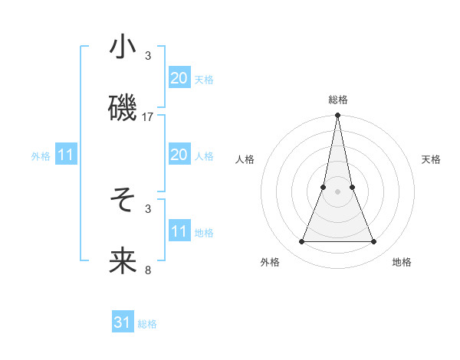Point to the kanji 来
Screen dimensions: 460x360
(x=123, y=261)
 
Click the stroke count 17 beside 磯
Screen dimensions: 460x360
(x=148, y=117)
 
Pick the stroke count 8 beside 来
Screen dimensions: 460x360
(x=148, y=270)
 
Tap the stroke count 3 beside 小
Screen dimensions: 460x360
(x=148, y=56)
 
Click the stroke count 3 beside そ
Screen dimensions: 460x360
(x=148, y=208)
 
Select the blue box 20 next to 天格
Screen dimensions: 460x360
(x=179, y=78)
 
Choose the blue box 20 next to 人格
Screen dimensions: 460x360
(x=179, y=155)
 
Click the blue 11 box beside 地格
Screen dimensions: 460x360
(x=179, y=231)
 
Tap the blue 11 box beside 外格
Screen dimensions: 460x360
(x=66, y=155)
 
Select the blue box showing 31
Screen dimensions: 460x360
(x=123, y=322)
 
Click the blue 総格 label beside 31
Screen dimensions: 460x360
(x=147, y=324)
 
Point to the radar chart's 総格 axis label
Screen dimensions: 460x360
(x=338, y=100)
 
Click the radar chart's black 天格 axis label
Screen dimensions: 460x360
(x=431, y=159)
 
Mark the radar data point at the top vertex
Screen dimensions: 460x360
(x=338, y=116)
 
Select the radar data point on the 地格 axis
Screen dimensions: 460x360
(x=374, y=242)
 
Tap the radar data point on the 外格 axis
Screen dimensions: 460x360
(x=301, y=242)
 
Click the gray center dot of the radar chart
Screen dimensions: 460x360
(x=338, y=192)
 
